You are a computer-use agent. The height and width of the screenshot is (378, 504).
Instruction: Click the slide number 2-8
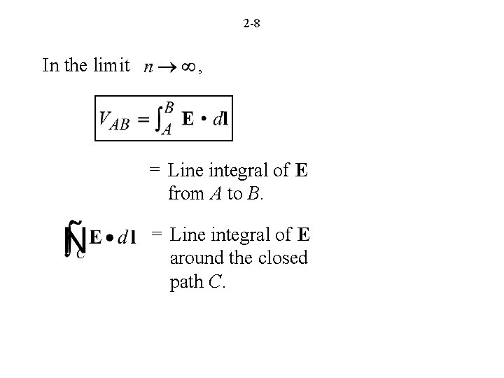coord(252,24)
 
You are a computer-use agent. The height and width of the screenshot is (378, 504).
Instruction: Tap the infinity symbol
coord(187,69)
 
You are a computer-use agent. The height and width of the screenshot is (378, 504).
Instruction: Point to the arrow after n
coord(167,69)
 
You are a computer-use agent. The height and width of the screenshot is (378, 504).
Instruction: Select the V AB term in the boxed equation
coord(114,120)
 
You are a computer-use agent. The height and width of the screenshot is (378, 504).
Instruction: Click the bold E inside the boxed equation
coord(188,119)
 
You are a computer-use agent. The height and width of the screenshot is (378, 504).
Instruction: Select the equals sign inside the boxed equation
coord(143,120)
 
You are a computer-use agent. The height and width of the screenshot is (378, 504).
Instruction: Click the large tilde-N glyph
coord(75,237)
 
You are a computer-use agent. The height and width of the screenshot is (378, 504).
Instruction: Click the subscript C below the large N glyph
coord(80,255)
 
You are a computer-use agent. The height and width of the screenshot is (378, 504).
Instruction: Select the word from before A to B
coord(185,194)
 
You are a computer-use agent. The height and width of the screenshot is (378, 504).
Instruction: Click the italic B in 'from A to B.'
coord(255,194)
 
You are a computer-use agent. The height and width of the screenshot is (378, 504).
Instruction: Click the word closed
coord(284,258)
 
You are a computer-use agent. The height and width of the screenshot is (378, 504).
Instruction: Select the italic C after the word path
coord(216,283)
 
